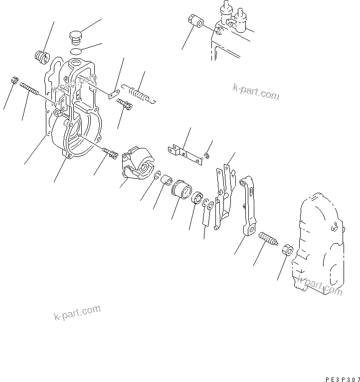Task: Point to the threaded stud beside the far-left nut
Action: pyautogui.click(x=31, y=91)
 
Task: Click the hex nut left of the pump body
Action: pyautogui.click(x=286, y=250)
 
